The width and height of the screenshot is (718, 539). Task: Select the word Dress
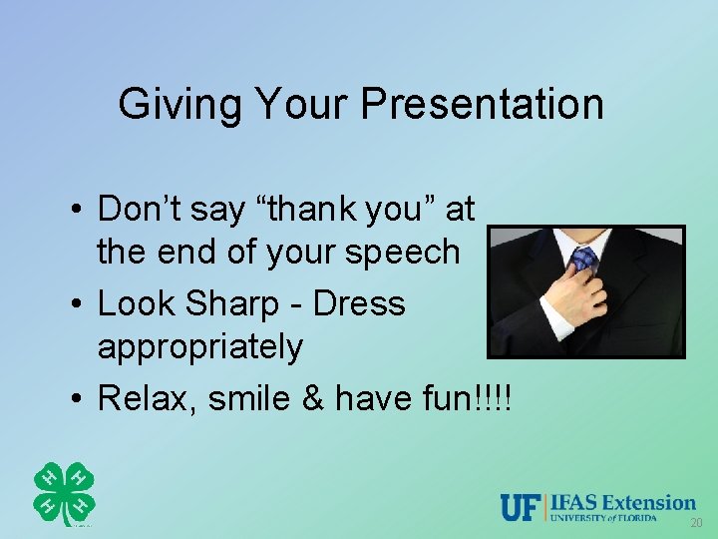tap(359, 303)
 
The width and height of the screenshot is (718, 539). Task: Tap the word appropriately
tap(199, 347)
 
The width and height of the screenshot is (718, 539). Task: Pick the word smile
tap(249, 398)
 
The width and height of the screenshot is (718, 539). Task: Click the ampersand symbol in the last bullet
tap(314, 398)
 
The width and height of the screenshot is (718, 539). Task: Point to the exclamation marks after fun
tap(494, 400)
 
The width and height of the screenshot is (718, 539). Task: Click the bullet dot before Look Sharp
tap(76, 304)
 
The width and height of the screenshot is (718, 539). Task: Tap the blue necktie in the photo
tap(584, 261)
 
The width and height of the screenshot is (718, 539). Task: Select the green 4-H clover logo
tap(64, 494)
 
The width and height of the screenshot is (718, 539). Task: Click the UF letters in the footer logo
tap(522, 507)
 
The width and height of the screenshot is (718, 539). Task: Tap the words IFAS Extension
tap(623, 502)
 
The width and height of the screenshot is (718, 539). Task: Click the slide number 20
tap(695, 524)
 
